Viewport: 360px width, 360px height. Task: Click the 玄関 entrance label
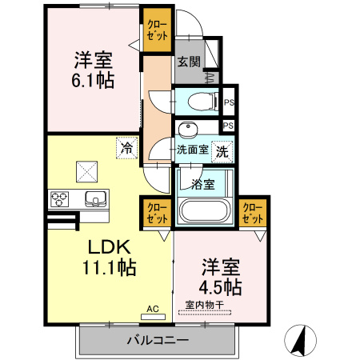[189, 62]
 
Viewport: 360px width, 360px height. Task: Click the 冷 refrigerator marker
[126, 146]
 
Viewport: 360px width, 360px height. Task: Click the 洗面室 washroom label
[193, 149]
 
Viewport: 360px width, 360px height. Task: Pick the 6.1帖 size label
[93, 80]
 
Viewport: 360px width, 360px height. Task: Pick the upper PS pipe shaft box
[229, 102]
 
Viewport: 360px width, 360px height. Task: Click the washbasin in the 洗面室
[189, 130]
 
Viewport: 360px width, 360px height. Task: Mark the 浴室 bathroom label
[202, 185]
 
